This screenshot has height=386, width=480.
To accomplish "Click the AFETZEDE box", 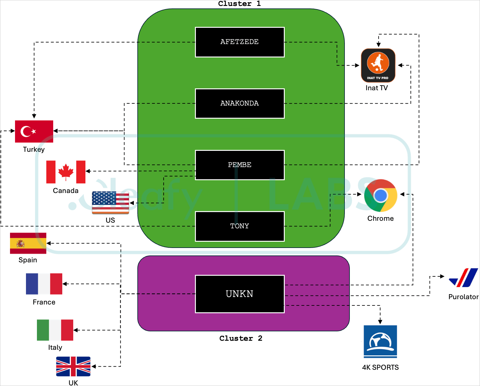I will pyautogui.click(x=240, y=42).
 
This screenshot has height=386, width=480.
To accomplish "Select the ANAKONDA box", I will pyautogui.click(x=240, y=104).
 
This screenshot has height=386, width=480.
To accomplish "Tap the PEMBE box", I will pyautogui.click(x=240, y=165).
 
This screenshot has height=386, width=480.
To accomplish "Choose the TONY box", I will pyautogui.click(x=240, y=226).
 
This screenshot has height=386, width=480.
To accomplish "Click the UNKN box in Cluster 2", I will pyautogui.click(x=240, y=294).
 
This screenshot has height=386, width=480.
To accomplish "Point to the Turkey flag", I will pyautogui.click(x=34, y=131).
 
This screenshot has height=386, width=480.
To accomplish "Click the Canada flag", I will pyautogui.click(x=66, y=172).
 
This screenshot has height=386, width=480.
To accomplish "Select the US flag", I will pyautogui.click(x=110, y=203).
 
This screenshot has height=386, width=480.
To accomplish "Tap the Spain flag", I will pyautogui.click(x=28, y=243).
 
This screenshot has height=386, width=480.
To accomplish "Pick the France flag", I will pyautogui.click(x=44, y=284).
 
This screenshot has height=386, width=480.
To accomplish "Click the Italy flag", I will pyautogui.click(x=55, y=330).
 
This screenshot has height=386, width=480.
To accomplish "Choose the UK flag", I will pyautogui.click(x=73, y=366).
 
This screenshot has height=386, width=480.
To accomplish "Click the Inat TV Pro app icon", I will pyautogui.click(x=378, y=65).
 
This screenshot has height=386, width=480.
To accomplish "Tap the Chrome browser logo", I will pyautogui.click(x=380, y=195).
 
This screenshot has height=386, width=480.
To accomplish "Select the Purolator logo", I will pyautogui.click(x=463, y=278).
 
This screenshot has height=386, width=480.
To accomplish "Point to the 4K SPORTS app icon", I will pyautogui.click(x=380, y=342).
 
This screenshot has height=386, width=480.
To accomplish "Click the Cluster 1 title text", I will pyautogui.click(x=239, y=4).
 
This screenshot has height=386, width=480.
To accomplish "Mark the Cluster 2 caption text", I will pyautogui.click(x=241, y=339).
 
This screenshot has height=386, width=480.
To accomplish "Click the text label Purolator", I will pyautogui.click(x=463, y=297).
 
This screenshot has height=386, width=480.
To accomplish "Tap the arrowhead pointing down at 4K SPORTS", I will pyautogui.click(x=380, y=322).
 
